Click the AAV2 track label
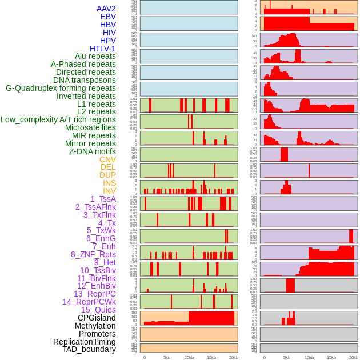point(106,9)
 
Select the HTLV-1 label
point(103,49)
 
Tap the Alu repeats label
point(95,56)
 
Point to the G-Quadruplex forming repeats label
point(61,88)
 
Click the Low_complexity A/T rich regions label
point(58,119)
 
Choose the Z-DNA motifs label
point(93,151)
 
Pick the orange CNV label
point(107,159)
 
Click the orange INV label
point(109,191)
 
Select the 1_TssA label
point(103,199)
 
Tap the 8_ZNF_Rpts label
point(93,254)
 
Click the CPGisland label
point(97,318)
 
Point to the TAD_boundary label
point(89,349)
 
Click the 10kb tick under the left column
point(189,357)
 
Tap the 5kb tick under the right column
point(287,357)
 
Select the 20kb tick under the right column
point(354,357)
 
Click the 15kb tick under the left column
point(211,357)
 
